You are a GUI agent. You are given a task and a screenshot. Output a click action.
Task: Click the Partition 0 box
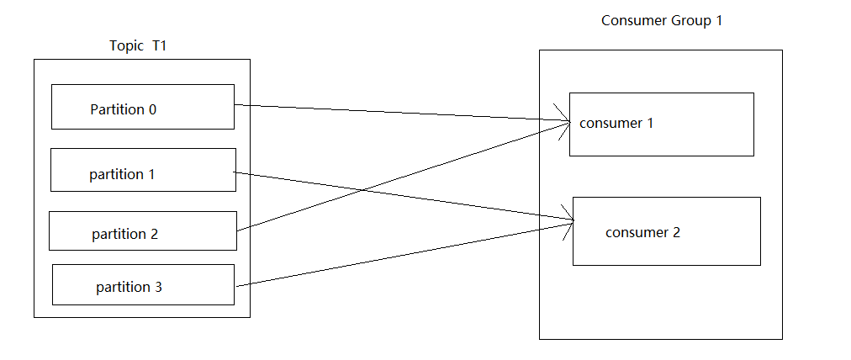point(142,107)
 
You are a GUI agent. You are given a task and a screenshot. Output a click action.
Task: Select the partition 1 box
point(143,170)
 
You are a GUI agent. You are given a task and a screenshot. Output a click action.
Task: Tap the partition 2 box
point(142,230)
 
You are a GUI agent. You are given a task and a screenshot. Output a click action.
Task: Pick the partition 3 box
point(143,284)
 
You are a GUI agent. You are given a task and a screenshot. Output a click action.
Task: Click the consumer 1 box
point(661,124)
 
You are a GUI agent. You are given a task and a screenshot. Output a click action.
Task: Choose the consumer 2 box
point(666,231)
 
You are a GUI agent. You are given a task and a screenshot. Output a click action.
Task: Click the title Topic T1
point(139,45)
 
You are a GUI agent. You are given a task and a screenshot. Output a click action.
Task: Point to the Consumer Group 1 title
point(662,20)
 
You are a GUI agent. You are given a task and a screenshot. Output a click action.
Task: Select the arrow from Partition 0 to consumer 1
point(395,114)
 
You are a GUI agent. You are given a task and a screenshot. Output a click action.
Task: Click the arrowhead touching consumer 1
point(563,121)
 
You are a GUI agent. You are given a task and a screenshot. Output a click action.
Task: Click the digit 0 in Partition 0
point(152,109)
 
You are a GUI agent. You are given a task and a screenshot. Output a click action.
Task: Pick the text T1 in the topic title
point(160,45)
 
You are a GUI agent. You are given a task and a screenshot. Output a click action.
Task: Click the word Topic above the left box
point(127,45)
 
